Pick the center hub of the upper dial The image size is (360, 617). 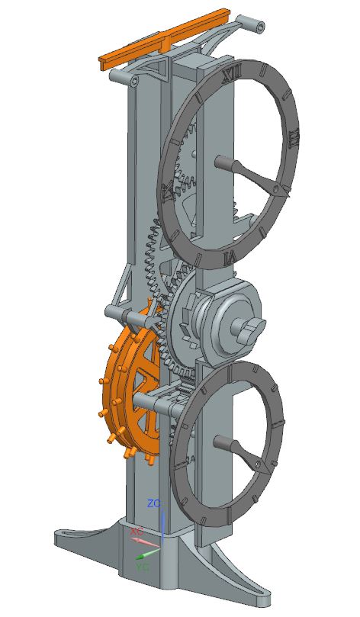pos(223,162)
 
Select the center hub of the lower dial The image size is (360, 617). pos(221,442)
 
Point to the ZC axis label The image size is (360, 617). pos(153,504)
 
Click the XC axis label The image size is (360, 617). pos(136,531)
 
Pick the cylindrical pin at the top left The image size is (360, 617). pos(118,77)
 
